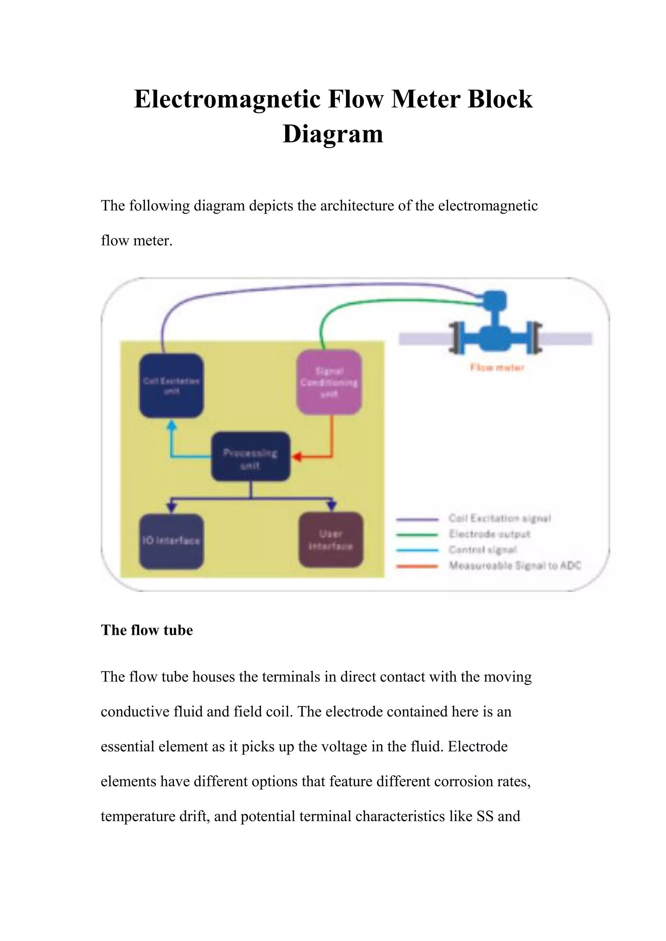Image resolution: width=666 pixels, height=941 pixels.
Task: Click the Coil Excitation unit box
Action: point(171,386)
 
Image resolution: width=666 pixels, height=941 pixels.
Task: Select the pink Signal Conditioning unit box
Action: point(329,382)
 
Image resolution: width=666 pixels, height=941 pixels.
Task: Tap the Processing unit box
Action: point(251,457)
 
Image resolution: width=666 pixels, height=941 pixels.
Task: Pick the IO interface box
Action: point(171,541)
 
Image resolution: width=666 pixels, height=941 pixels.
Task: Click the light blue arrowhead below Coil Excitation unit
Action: point(172,426)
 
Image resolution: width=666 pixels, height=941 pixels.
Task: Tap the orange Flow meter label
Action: point(497,367)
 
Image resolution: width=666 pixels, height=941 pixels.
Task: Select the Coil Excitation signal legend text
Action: point(499,519)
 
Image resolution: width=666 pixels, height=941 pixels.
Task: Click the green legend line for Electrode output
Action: point(417,535)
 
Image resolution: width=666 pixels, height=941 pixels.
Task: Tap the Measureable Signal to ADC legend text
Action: point(515,566)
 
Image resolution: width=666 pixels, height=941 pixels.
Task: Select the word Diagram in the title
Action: point(333,134)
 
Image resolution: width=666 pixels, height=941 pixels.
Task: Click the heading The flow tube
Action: point(147,630)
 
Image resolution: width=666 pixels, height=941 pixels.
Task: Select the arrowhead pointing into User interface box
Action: point(332,506)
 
